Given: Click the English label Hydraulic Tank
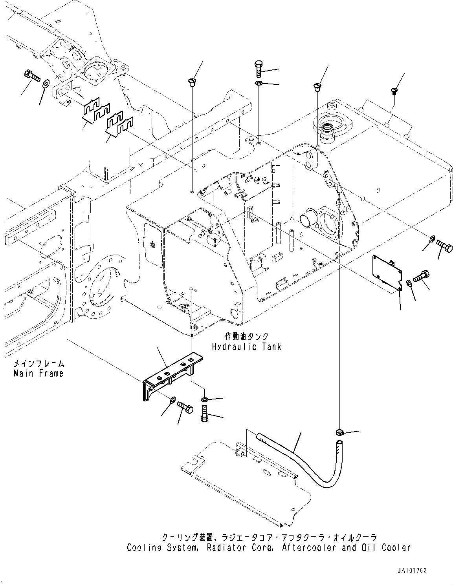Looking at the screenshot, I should click(246, 346).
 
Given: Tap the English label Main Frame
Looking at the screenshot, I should click(38, 373).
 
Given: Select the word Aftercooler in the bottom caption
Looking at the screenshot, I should click(309, 547).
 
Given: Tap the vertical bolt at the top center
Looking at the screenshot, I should click(259, 69).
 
